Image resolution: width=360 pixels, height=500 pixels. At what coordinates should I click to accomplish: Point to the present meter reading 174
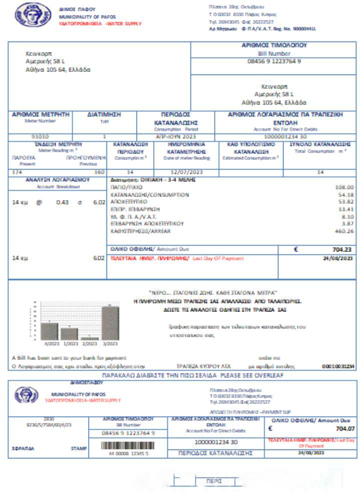click(17, 172)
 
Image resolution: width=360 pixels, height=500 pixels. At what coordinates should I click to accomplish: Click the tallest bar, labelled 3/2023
click(110, 322)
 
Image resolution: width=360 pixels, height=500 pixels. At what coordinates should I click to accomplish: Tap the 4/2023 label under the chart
click(52, 343)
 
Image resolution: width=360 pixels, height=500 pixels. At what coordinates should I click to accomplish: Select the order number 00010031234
click(338, 366)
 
